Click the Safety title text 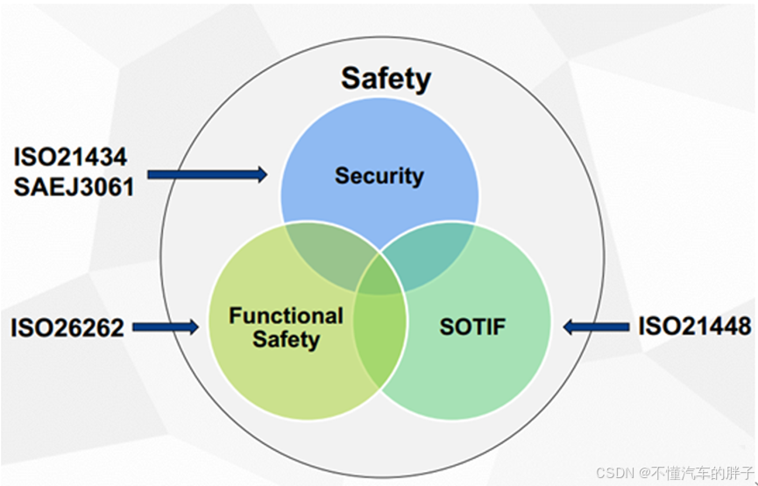click(x=386, y=79)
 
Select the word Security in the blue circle click(x=379, y=175)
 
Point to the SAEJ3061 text click(x=74, y=186)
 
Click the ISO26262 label click(x=67, y=328)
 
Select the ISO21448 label click(x=694, y=327)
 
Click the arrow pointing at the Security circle click(x=207, y=175)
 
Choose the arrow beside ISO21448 click(x=596, y=328)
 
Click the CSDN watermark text click(x=615, y=473)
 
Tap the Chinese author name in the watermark click(x=701, y=473)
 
